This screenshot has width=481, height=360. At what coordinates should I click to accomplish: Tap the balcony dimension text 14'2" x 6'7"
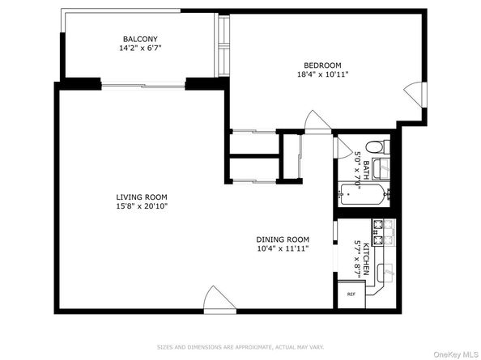click(x=140, y=49)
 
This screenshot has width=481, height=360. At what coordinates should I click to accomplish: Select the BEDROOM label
click(x=322, y=66)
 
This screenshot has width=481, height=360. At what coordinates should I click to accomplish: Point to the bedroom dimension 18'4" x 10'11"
click(x=322, y=75)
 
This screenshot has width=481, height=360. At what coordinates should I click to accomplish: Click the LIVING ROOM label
click(x=141, y=197)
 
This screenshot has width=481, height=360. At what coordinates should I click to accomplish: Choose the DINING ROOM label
click(x=283, y=239)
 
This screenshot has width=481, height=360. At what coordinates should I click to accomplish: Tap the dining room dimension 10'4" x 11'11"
click(x=283, y=248)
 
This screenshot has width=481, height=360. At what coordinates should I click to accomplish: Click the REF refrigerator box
click(x=351, y=294)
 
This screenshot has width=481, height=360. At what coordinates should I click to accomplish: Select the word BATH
click(x=366, y=169)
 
